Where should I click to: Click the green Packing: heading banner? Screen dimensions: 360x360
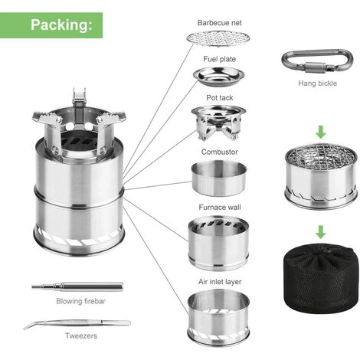tap(51, 25)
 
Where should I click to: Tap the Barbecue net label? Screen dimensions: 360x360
tap(220, 23)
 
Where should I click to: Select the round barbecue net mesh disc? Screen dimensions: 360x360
tap(218, 39)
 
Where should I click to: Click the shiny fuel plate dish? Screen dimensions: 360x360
tap(218, 75)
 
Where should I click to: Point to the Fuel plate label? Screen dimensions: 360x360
tap(220, 59)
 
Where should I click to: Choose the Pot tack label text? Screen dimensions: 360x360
tap(220, 98)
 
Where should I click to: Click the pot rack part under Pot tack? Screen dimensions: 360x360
tap(218, 123)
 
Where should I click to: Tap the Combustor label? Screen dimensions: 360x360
tap(220, 152)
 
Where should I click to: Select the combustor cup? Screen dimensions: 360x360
tap(219, 178)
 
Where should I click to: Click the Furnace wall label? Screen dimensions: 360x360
tap(220, 208)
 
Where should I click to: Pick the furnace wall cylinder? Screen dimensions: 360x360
tap(218, 243)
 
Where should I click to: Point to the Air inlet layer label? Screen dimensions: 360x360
tap(220, 282)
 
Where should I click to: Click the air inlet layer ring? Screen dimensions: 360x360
tap(218, 316)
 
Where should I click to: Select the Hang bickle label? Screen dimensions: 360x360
tap(318, 83)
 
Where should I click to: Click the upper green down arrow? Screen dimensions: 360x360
tap(321, 132)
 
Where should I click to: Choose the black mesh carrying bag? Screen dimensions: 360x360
tap(321, 278)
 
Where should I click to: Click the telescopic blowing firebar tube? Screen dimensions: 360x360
tap(77, 286)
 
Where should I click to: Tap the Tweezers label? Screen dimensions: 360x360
tap(81, 335)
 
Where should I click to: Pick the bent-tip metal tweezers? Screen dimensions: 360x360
tap(77, 323)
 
